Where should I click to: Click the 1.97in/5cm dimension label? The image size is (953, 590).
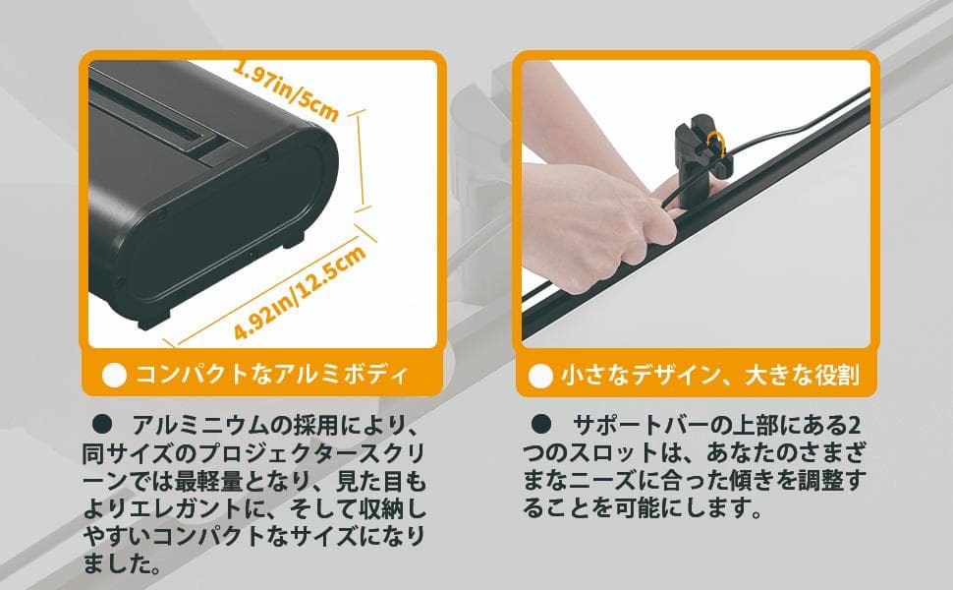coord(285,91)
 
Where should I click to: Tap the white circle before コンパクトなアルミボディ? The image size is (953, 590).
coord(116,376)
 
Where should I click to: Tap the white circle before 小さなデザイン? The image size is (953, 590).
coord(540,376)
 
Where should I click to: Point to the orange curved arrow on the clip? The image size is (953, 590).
coord(721,145)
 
